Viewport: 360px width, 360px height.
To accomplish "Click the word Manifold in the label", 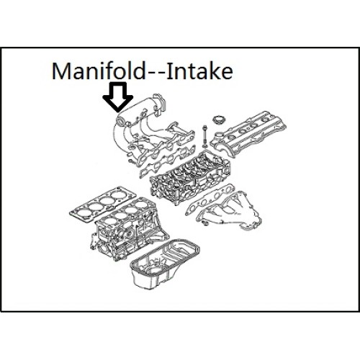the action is (x=99, y=71).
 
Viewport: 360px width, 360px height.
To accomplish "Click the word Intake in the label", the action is (x=199, y=71).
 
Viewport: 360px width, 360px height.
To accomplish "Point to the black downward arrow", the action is (x=117, y=97).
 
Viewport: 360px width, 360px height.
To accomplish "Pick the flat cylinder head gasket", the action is (x=103, y=203).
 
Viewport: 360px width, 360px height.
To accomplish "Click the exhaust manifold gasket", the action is (x=210, y=199).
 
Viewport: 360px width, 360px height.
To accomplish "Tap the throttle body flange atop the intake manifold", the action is (x=161, y=103).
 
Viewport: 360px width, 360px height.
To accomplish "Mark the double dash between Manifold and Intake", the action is (x=156, y=74).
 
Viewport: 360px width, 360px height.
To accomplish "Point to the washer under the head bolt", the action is (x=205, y=145).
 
